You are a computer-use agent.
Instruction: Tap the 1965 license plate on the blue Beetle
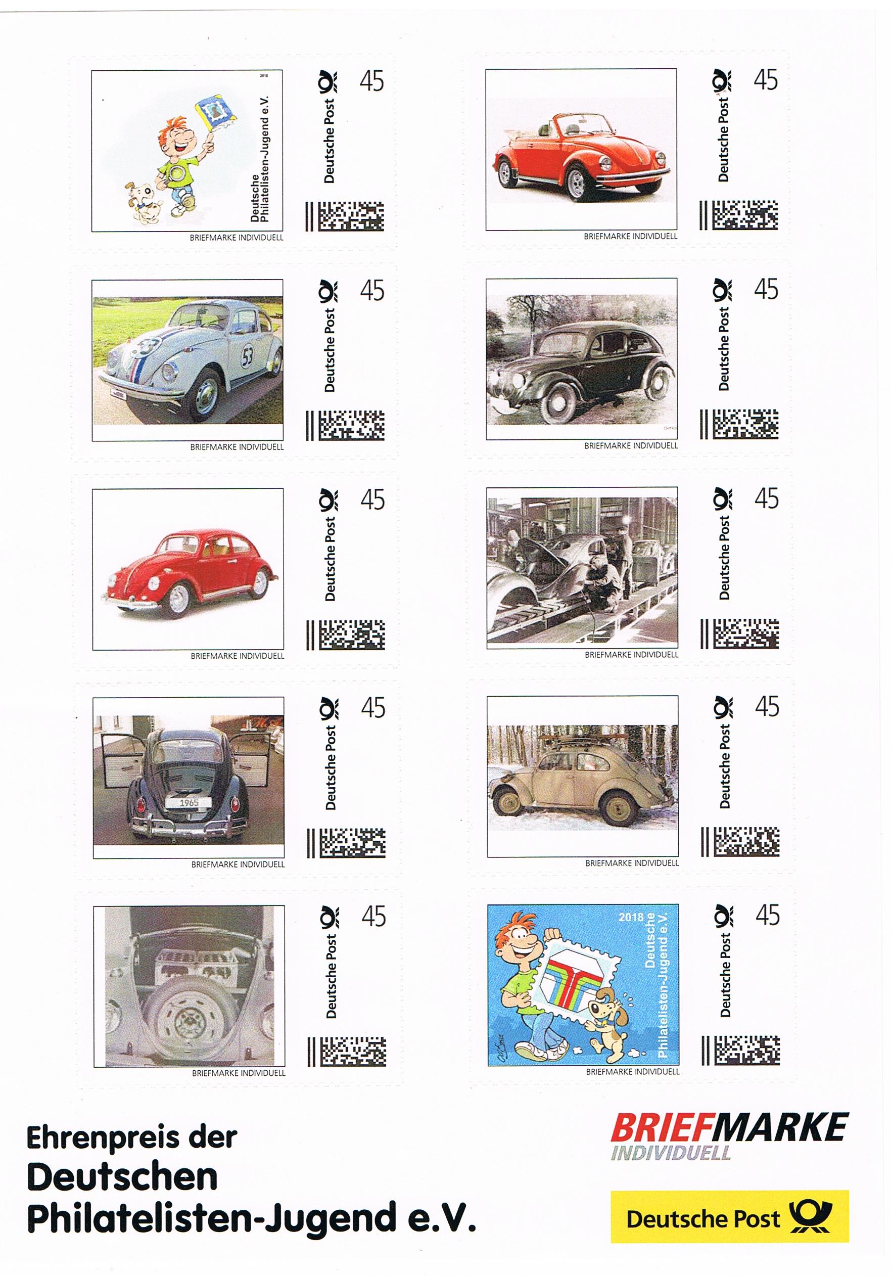[189, 802]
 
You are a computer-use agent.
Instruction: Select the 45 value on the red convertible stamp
[766, 80]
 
